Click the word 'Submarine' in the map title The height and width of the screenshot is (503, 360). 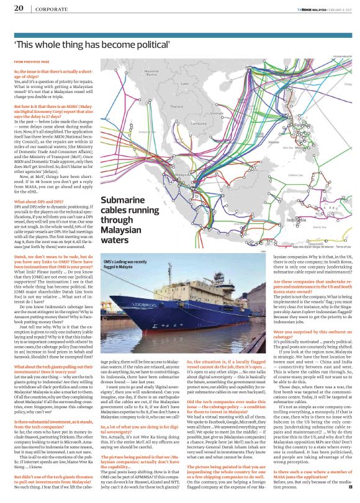point(124,202)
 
